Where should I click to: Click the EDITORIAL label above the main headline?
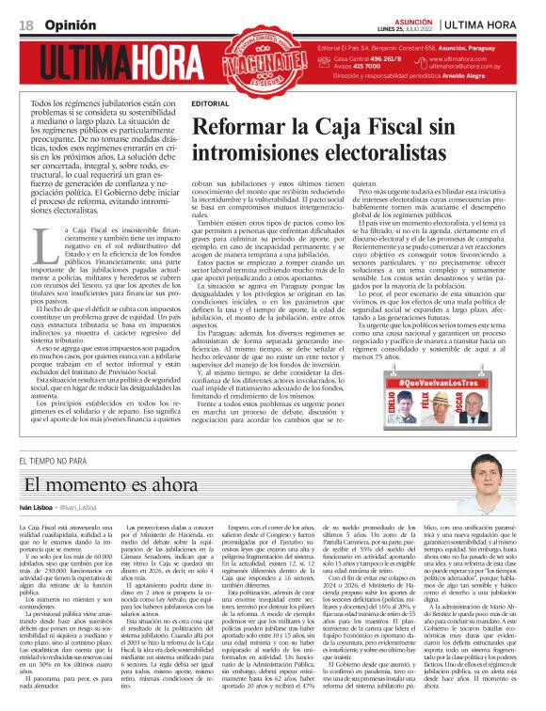tap(208, 103)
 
